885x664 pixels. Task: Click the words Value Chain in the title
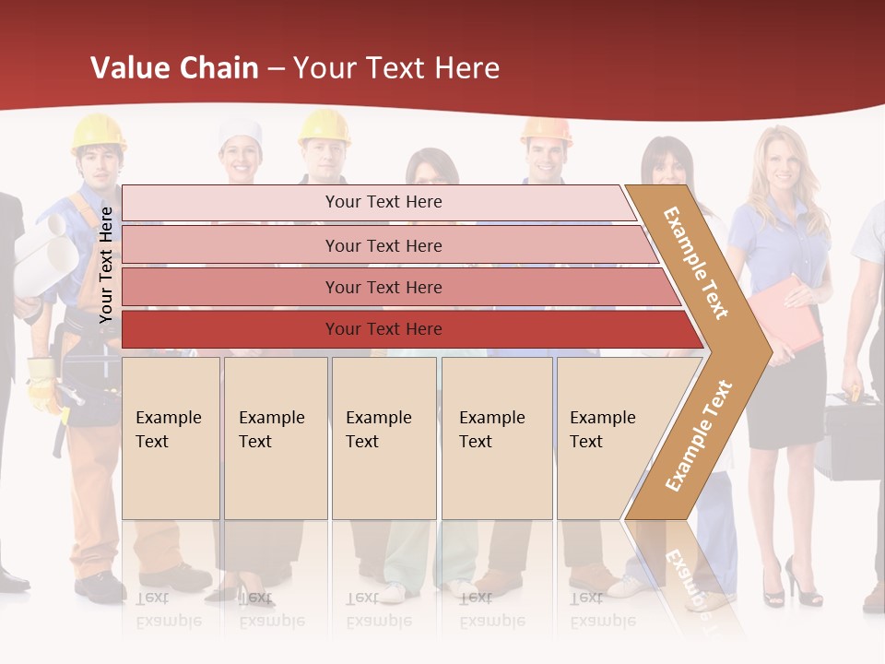[174, 68]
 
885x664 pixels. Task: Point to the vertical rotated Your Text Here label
[106, 265]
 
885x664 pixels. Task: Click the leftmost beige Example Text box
[171, 438]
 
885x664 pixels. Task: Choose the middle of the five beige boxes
[383, 438]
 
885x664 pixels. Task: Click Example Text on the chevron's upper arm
[696, 263]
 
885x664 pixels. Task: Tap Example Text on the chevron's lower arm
[699, 435]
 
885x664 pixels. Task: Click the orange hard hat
[546, 129]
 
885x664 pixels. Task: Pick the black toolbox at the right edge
[853, 433]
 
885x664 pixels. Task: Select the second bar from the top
[383, 245]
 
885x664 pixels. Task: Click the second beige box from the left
[276, 438]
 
